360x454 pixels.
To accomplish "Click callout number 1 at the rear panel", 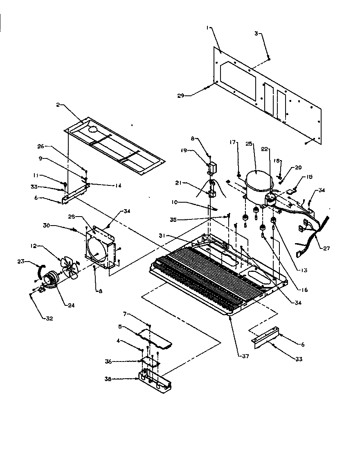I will point(207,27).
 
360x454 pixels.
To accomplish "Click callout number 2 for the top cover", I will point(58,105).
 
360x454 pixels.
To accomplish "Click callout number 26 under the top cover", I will point(52,146).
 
